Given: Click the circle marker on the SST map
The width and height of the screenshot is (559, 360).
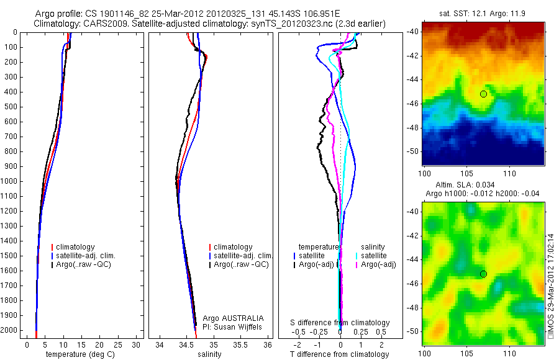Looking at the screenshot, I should (483, 94).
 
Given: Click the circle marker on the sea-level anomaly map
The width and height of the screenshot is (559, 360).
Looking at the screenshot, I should (483, 274).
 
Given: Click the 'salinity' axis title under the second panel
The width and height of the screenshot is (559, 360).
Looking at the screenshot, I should (209, 354).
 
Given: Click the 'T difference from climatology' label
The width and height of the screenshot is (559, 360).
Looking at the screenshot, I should (339, 354).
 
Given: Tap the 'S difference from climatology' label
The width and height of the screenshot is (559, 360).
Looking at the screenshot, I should (340, 323).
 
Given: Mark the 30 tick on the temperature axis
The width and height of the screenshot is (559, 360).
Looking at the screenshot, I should (137, 344).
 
